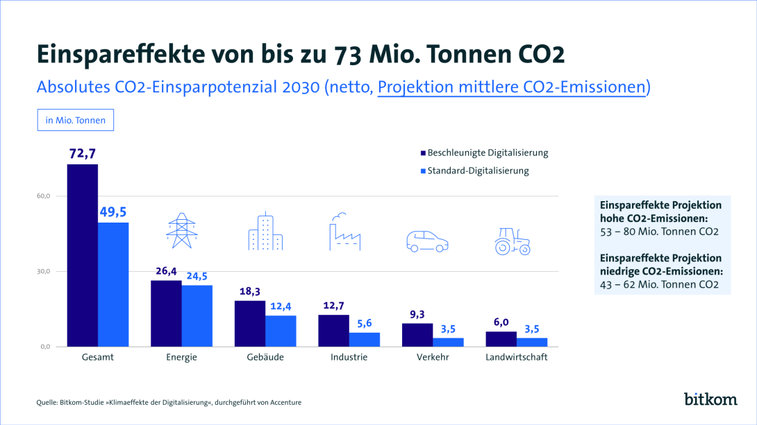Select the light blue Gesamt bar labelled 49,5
pyautogui.click(x=113, y=284)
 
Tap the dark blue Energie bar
pyautogui.click(x=166, y=313)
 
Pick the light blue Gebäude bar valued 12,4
pyautogui.click(x=281, y=331)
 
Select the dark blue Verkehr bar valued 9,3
pyautogui.click(x=417, y=335)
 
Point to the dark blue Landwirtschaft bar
pyautogui.click(x=501, y=339)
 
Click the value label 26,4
pyautogui.click(x=166, y=271)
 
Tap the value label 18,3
pyautogui.click(x=249, y=292)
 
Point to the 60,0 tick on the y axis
pyautogui.click(x=44, y=196)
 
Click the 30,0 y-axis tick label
pyautogui.click(x=44, y=271)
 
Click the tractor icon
pyautogui.click(x=513, y=241)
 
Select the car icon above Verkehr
pyautogui.click(x=426, y=241)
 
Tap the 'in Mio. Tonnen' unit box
pyautogui.click(x=75, y=120)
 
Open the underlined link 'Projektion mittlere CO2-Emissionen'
pyautogui.click(x=513, y=87)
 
